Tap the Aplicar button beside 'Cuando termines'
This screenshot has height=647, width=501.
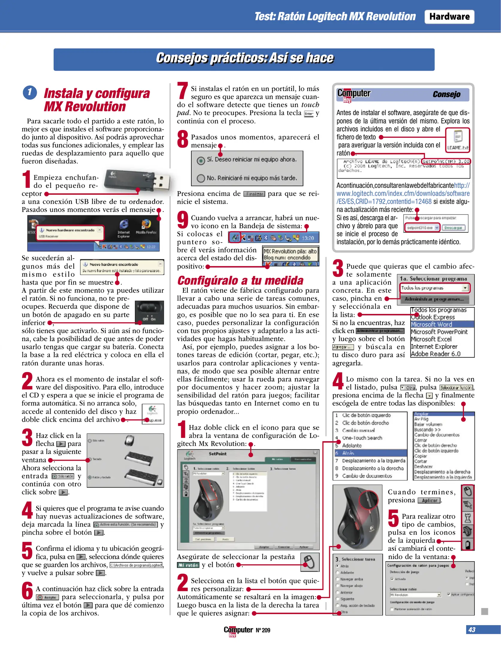[429, 501]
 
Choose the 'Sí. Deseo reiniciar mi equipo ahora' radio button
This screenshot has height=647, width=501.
[201, 160]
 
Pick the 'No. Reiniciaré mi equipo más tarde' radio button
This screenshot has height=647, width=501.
[201, 178]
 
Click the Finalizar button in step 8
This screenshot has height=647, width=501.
[254, 194]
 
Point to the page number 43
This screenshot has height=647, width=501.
[472, 629]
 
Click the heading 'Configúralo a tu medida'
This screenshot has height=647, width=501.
[240, 280]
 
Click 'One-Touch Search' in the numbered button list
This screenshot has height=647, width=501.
[362, 438]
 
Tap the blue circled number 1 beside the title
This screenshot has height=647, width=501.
[30, 93]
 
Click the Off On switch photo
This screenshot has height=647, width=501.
[149, 313]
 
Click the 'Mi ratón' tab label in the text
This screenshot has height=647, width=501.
[188, 565]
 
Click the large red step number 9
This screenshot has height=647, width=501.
[182, 219]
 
